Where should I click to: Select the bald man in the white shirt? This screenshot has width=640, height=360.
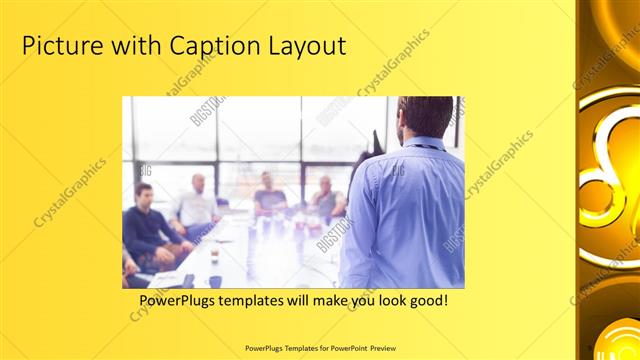(x=196, y=205)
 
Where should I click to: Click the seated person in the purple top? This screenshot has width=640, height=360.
(x=268, y=196)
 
